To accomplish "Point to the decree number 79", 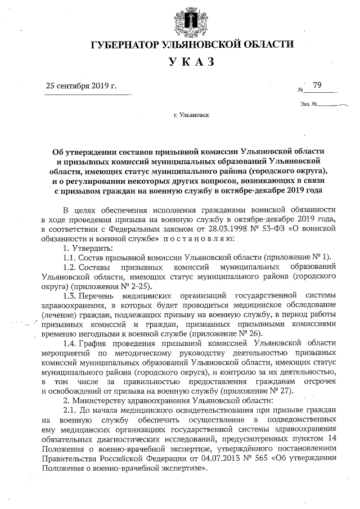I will click(317, 85).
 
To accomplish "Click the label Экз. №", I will click(309, 104).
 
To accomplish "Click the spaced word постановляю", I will click(194, 239).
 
